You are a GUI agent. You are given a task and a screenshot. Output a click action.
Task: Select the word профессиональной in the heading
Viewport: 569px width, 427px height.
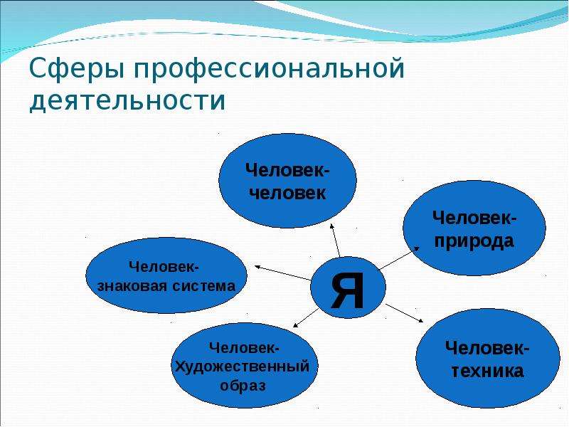point(269,68)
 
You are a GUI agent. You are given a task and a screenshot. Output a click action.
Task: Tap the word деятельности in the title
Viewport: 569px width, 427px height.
point(128,99)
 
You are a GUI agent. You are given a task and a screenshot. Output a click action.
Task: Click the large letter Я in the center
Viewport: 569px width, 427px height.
point(348,290)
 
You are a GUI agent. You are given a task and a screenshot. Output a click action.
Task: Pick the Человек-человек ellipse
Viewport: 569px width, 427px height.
point(287,181)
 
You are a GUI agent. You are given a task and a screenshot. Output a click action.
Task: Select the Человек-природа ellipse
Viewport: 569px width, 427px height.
point(474,228)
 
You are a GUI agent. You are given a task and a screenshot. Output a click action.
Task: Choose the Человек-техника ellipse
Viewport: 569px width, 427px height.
point(488,358)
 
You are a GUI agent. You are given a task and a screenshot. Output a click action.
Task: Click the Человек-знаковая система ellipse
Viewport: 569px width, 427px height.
point(166,275)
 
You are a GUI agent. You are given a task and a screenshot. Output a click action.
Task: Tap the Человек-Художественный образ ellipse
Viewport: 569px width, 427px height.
point(244,365)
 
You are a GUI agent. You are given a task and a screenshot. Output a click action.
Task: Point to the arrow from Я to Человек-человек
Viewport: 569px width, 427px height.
point(335,241)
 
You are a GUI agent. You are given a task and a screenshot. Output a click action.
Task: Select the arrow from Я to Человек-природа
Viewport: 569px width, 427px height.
point(399,258)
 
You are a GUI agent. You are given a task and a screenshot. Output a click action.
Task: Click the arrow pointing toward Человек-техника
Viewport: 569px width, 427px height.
point(404,313)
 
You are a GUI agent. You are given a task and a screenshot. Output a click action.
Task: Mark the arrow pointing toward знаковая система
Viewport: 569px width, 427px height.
point(282,273)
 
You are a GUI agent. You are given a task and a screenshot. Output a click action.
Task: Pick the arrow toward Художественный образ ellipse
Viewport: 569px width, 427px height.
point(306,317)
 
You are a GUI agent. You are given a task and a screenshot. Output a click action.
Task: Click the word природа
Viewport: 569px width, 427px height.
point(474,241)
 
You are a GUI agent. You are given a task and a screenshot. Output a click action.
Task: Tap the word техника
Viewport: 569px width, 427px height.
point(487,371)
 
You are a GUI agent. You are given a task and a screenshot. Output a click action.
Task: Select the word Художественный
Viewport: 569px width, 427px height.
point(243,367)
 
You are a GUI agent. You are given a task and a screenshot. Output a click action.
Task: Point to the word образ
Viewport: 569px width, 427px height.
point(243,386)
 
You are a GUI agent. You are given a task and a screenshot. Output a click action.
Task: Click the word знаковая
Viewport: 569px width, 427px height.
point(132,286)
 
